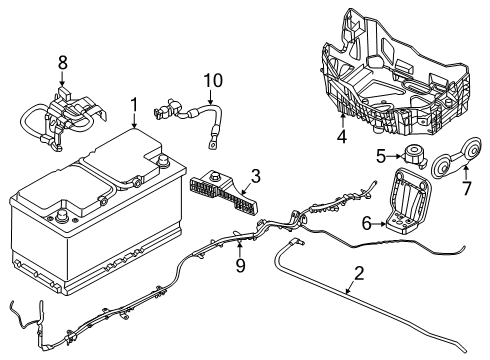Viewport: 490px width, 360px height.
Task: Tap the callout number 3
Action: coord(255,177)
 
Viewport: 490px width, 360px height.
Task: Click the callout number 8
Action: coord(62,63)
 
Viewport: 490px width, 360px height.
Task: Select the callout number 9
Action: coord(240,266)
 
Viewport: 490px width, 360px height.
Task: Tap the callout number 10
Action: coord(211,80)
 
